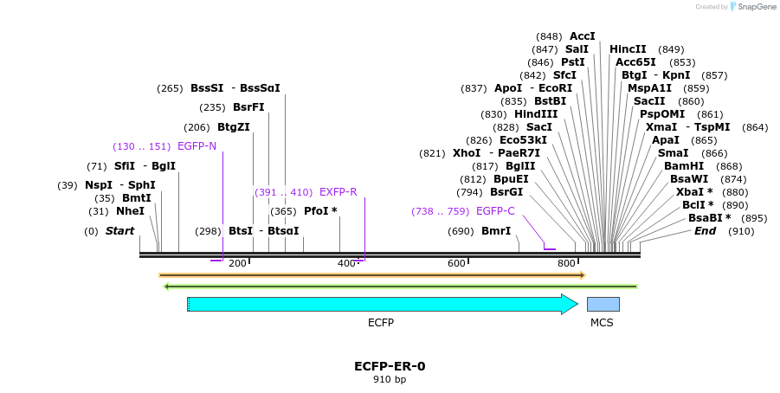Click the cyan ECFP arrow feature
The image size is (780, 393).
coord(381,304)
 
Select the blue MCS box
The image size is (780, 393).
coord(603,304)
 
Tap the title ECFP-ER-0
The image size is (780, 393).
coord(390,366)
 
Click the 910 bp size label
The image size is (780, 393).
coord(390,380)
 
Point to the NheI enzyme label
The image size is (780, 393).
coord(130,211)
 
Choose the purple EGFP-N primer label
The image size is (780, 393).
coord(197,146)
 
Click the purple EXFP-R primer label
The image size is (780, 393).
coord(338,192)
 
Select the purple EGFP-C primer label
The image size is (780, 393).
coord(495,211)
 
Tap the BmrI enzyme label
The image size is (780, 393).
coord(496,231)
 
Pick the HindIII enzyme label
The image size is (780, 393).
coord(537,114)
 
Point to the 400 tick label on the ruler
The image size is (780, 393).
coord(346,263)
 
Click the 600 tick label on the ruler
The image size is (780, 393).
coord(456,263)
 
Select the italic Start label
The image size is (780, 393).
coord(119,231)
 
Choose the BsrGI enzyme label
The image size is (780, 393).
coord(506,192)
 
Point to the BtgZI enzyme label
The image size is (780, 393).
coord(234,127)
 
